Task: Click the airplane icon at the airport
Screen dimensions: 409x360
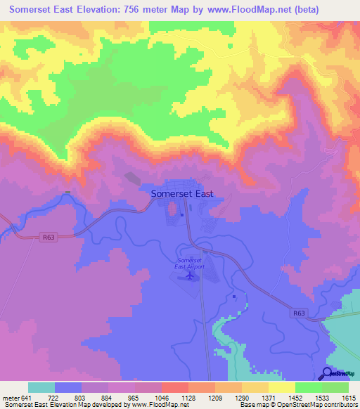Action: click(188, 276)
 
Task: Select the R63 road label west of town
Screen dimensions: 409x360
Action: click(47, 237)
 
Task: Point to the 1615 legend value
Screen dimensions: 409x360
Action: click(348, 398)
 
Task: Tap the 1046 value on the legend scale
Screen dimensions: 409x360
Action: click(161, 398)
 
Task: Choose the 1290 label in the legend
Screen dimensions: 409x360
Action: click(241, 398)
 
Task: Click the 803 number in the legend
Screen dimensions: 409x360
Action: click(82, 398)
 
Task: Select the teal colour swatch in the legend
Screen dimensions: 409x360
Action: click(41, 387)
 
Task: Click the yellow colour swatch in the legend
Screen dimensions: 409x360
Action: click(281, 387)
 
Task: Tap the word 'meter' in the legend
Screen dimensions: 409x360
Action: click(11, 398)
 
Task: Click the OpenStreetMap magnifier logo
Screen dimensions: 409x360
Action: click(328, 374)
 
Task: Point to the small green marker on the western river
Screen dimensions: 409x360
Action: click(67, 193)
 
